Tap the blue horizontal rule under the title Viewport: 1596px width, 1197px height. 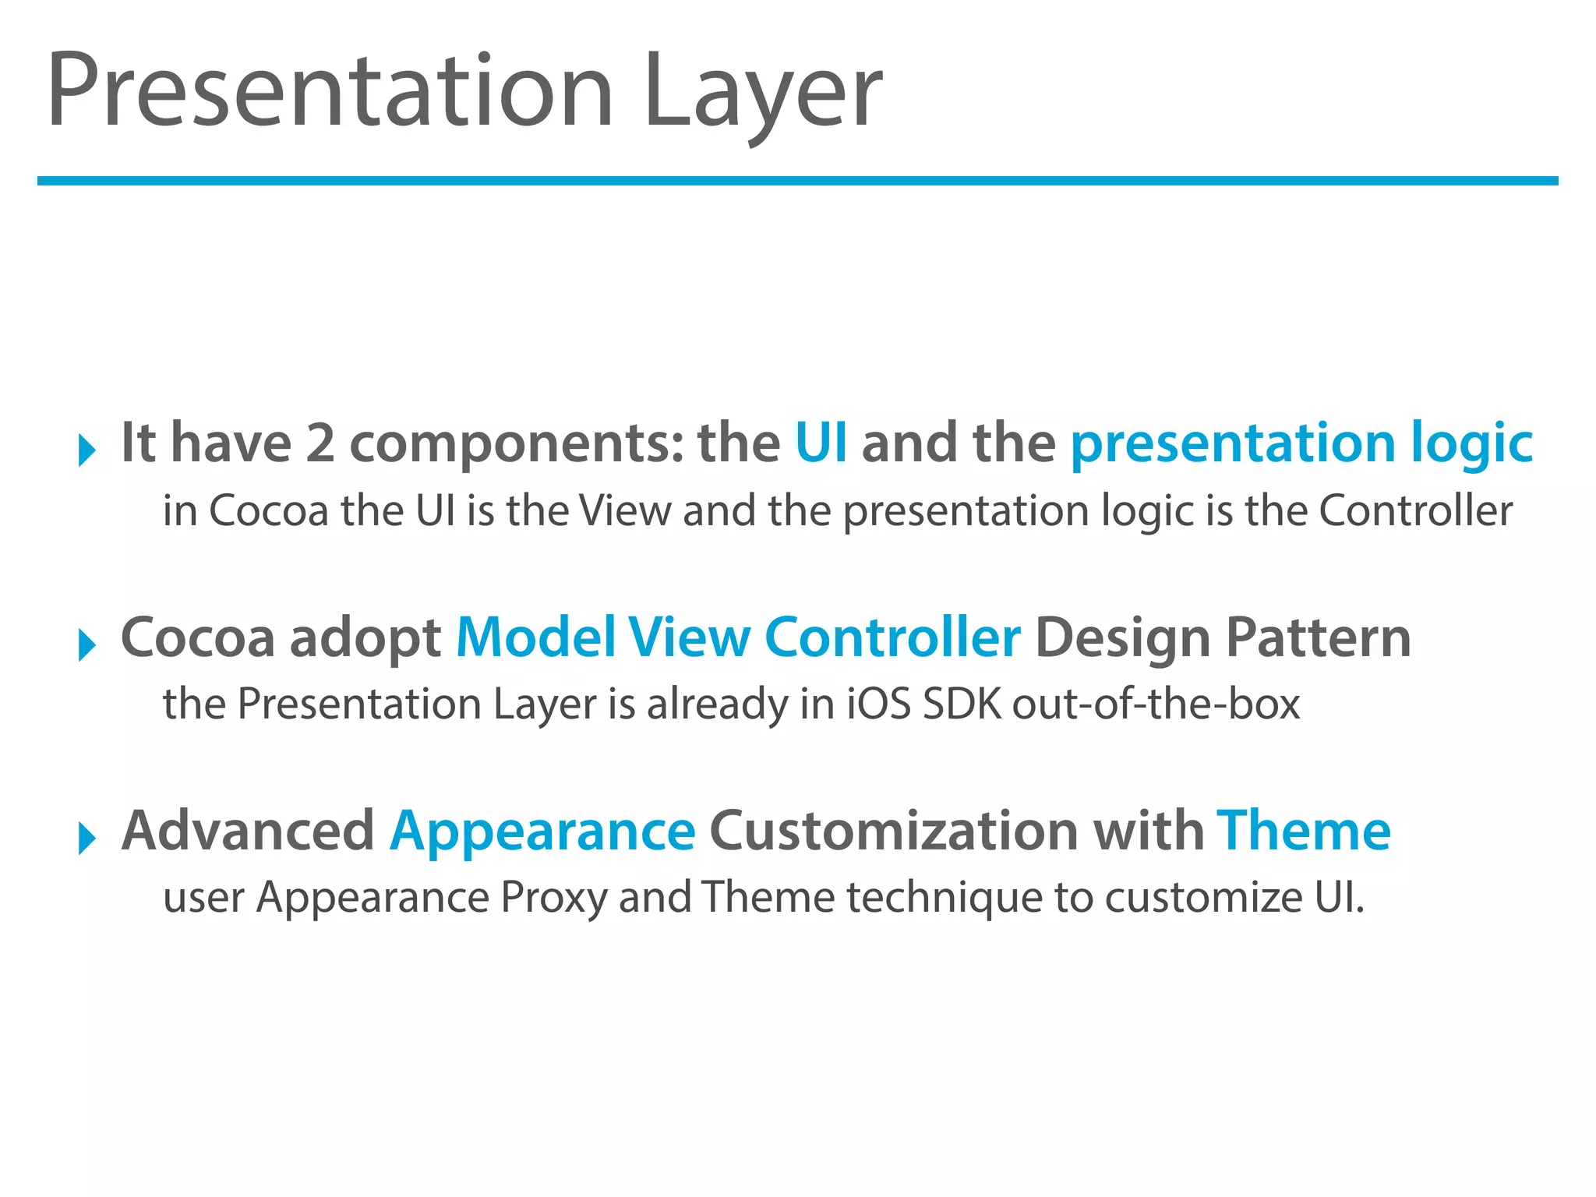coord(797,181)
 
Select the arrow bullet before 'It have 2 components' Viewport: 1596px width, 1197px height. coord(87,450)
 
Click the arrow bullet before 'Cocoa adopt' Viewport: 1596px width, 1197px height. coord(87,645)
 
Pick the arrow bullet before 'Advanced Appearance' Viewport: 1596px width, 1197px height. coord(87,839)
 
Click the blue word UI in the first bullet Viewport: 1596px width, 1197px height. coord(821,443)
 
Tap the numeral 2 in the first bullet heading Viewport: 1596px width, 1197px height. coord(320,443)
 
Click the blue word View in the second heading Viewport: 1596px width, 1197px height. coord(689,637)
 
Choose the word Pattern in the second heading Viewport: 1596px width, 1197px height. coord(1318,637)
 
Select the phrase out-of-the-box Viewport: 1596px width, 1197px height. coord(1156,704)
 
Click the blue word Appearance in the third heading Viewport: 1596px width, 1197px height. coord(542,832)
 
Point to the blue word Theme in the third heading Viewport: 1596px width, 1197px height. coord(1304,830)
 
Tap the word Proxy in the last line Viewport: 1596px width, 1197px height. coord(553,898)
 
